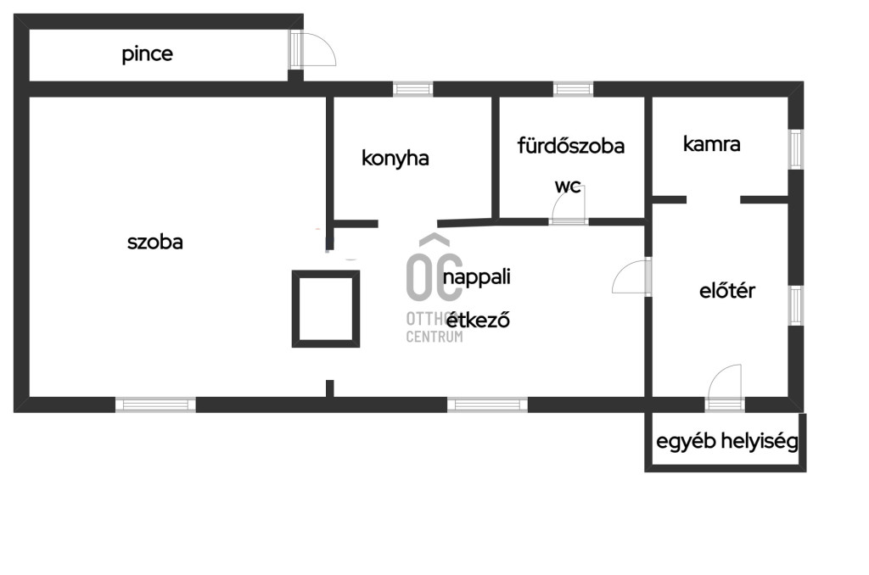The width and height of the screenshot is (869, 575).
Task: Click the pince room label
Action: pos(147,54)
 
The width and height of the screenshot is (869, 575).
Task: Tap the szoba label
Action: pos(155,242)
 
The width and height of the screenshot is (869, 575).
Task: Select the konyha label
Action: pos(395,159)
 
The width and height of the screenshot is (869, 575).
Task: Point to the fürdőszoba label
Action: pos(571,146)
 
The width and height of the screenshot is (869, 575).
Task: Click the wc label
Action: pos(568,186)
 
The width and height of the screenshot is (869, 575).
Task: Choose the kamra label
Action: pos(712,144)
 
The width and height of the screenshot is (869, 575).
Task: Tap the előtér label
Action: pos(727,291)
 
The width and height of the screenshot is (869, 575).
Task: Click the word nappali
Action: pos(477,277)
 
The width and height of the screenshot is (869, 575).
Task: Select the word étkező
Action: pos(479,320)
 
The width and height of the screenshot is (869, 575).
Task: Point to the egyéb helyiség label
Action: pos(727,442)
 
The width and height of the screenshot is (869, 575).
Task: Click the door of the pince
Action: pos(312,50)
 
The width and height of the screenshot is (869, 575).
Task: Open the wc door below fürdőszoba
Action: pos(569,206)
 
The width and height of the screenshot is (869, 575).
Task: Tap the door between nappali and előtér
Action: pos(631,276)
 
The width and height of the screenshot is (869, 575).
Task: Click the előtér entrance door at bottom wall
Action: pos(725,388)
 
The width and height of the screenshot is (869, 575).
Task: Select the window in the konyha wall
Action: pos(413,89)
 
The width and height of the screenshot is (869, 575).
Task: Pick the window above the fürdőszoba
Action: pos(573,89)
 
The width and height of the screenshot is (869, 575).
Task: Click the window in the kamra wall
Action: pos(796,149)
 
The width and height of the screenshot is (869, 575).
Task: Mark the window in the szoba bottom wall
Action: pos(156,405)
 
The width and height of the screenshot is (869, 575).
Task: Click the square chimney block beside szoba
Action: pos(326,309)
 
